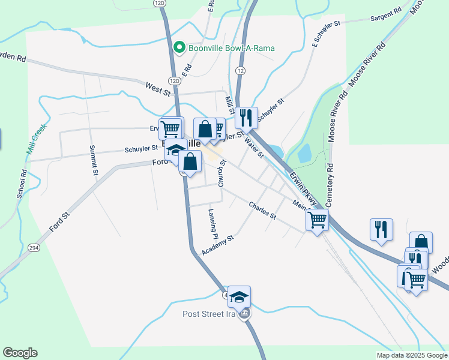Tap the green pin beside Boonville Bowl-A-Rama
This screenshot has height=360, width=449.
tap(178, 47)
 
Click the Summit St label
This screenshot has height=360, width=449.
tap(93, 160)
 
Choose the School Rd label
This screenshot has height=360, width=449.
tap(22, 184)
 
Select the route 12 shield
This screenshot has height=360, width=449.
tap(240, 71)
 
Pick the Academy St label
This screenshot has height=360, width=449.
tap(217, 245)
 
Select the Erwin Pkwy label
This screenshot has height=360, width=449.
tap(302, 185)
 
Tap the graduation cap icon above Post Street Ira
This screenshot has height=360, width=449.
tap(239, 296)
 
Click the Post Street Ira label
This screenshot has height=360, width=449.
tap(209, 314)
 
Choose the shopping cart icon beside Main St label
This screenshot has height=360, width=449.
tap(317, 219)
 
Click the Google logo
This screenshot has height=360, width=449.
tap(20, 353)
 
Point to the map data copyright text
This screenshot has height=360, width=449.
tap(411, 355)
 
